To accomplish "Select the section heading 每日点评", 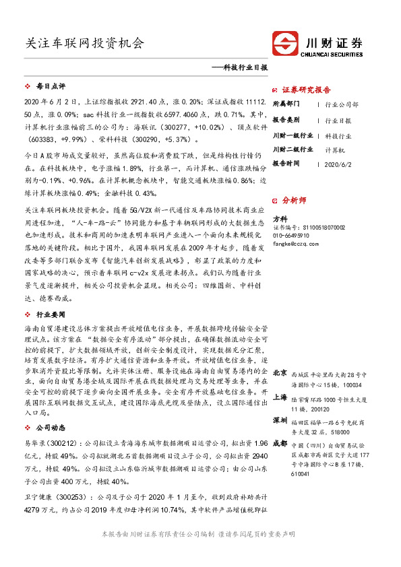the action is pyautogui.click(x=50, y=87).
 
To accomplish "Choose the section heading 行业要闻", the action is pyautogui.click(x=50, y=313).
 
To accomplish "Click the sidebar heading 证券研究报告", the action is pyautogui.click(x=305, y=89).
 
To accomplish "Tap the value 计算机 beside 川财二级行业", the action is pyautogui.click(x=334, y=149).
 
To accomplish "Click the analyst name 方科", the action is pyautogui.click(x=280, y=219).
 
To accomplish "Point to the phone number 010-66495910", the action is pyautogui.click(x=291, y=236).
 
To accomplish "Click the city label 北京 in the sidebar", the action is pyautogui.click(x=280, y=374).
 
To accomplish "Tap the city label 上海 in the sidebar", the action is pyautogui.click(x=280, y=398).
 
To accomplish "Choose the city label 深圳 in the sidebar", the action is pyautogui.click(x=280, y=421).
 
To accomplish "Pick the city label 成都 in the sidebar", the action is pyautogui.click(x=280, y=444).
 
